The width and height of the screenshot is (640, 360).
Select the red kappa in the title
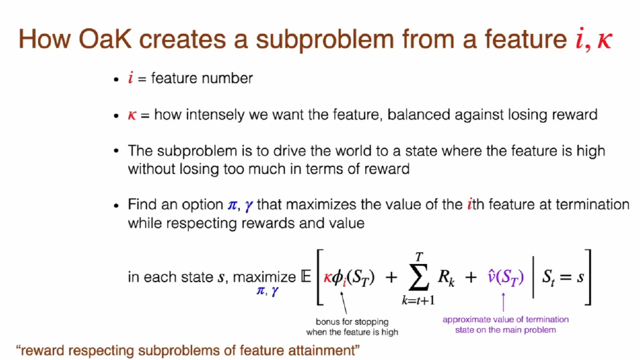pyautogui.click(x=605, y=41)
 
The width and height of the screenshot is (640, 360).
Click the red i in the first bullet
pyautogui.click(x=131, y=78)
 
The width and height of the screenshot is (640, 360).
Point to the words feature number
pyautogui.click(x=202, y=78)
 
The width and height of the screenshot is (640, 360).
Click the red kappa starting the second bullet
pyautogui.click(x=131, y=116)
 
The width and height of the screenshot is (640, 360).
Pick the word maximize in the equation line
pyautogui.click(x=264, y=276)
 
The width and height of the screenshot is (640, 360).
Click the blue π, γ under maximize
pyautogui.click(x=266, y=291)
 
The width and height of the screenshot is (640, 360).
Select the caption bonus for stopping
pyautogui.click(x=352, y=321)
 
